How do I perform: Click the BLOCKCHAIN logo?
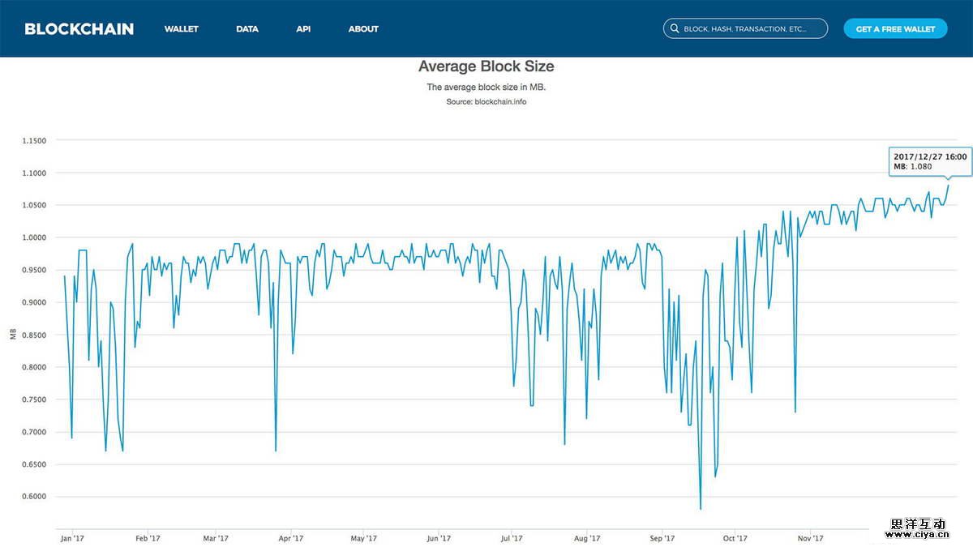[x=79, y=28]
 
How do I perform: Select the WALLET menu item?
[x=181, y=29]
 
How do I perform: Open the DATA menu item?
[x=247, y=29]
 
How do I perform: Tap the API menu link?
[x=303, y=29]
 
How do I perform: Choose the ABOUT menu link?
[x=363, y=29]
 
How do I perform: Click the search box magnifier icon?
[x=674, y=29]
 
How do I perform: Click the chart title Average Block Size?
[x=486, y=66]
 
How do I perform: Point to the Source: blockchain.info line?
[x=486, y=102]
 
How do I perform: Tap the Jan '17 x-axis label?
[x=72, y=538]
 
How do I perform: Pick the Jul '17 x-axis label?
[x=512, y=538]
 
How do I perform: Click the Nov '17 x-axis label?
[x=810, y=538]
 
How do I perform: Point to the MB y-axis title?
[x=13, y=335]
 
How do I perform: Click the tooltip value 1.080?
[x=920, y=167]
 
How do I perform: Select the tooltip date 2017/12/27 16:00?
[x=930, y=156]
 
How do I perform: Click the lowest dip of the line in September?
[x=700, y=509]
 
